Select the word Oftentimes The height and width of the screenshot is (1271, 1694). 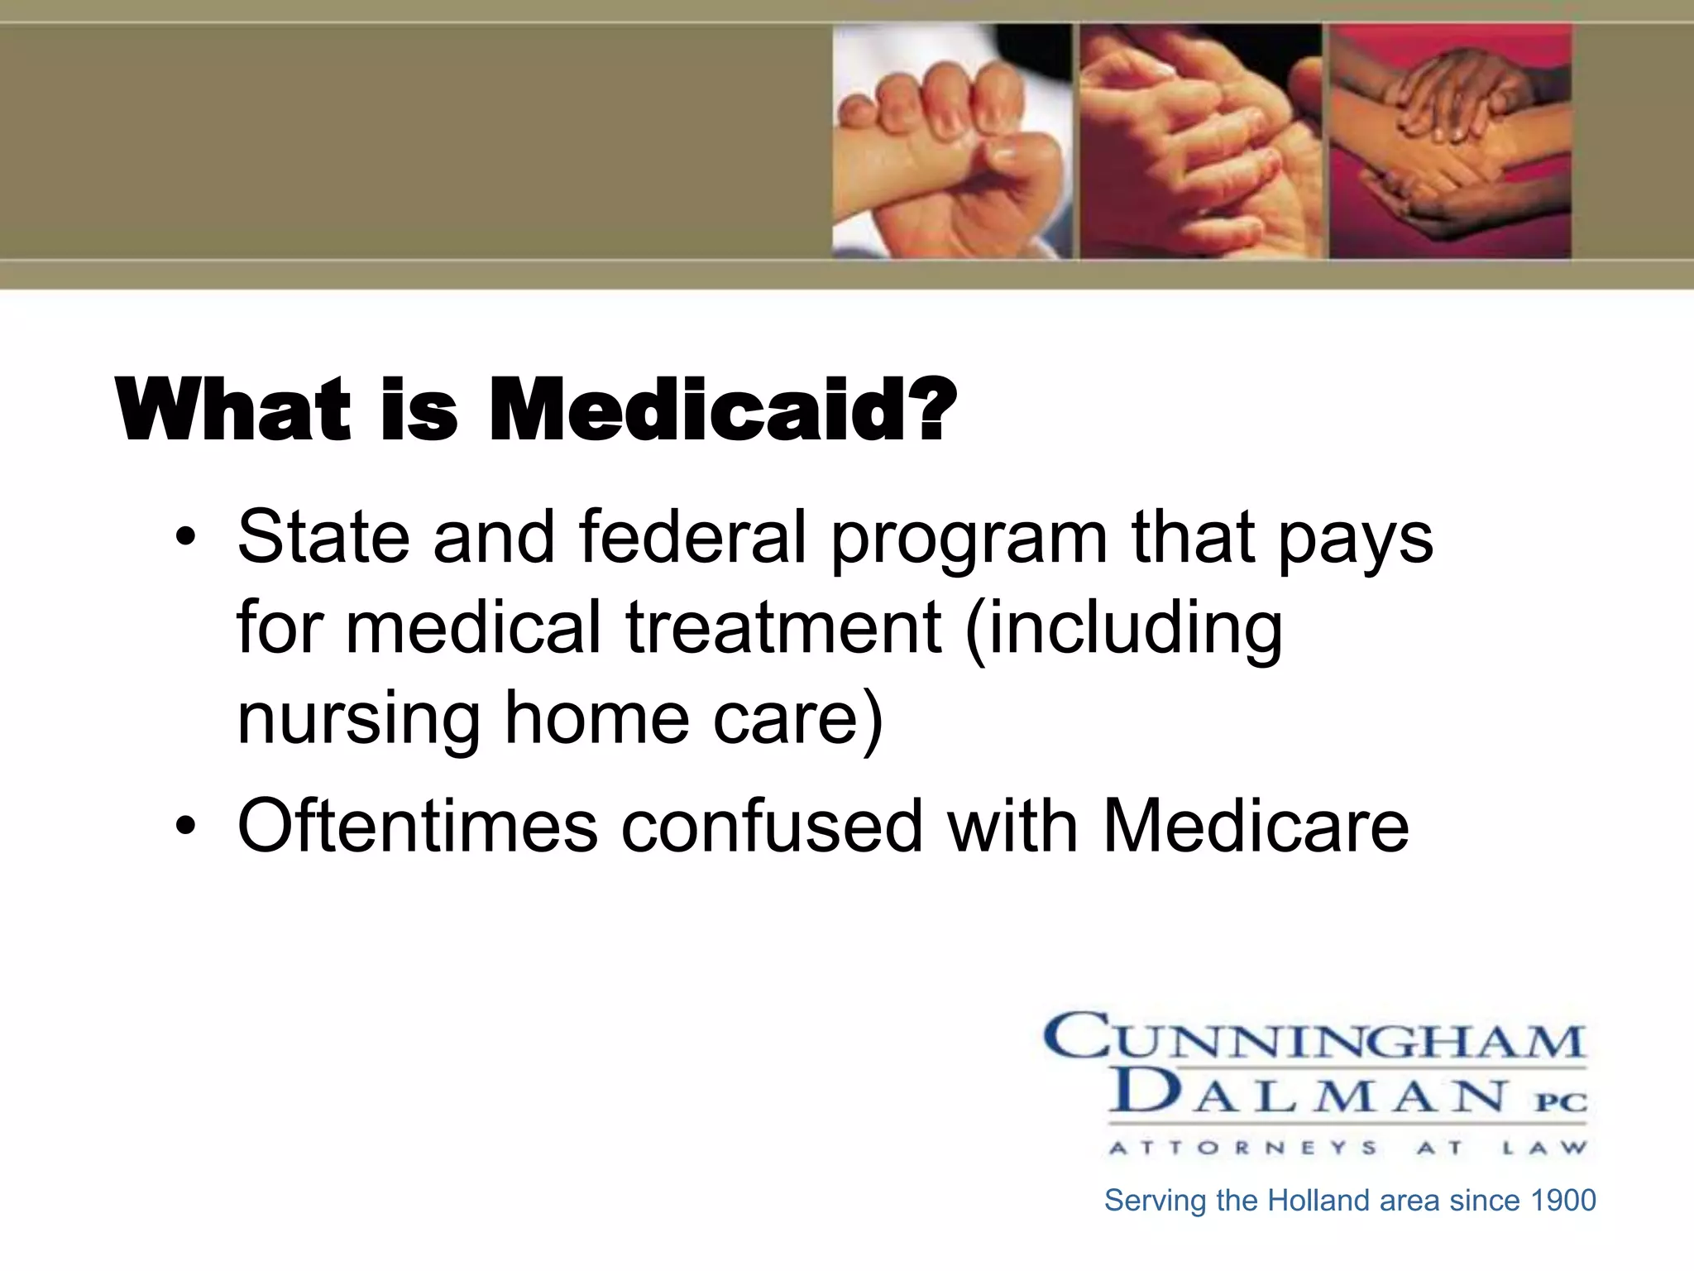[x=418, y=825]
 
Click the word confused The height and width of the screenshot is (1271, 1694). [x=772, y=825]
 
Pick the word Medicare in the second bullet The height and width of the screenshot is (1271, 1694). [x=1256, y=825]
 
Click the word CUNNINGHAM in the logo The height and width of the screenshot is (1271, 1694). [x=1314, y=1038]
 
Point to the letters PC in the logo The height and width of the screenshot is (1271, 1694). [x=1562, y=1102]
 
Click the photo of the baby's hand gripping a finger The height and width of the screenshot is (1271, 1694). [x=950, y=141]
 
